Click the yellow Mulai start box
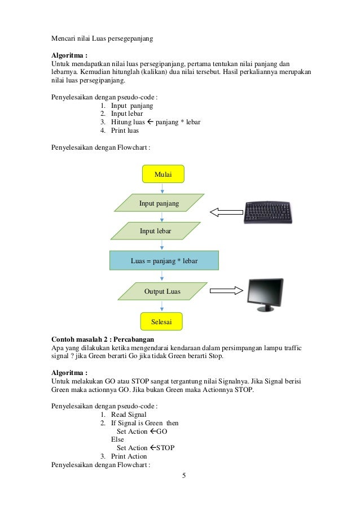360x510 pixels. tap(163, 174)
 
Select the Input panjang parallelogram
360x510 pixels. tap(159, 203)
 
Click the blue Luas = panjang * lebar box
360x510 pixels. tap(163, 261)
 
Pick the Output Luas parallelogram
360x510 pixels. tap(162, 291)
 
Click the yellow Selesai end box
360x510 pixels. tap(163, 321)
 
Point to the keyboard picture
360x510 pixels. tap(271, 212)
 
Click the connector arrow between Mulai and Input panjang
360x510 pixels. tap(163, 188)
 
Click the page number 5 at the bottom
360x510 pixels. tap(183, 475)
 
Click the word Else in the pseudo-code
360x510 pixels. tap(117, 439)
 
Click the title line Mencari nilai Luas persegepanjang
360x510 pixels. tap(102, 39)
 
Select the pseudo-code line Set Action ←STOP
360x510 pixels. tap(145, 447)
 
